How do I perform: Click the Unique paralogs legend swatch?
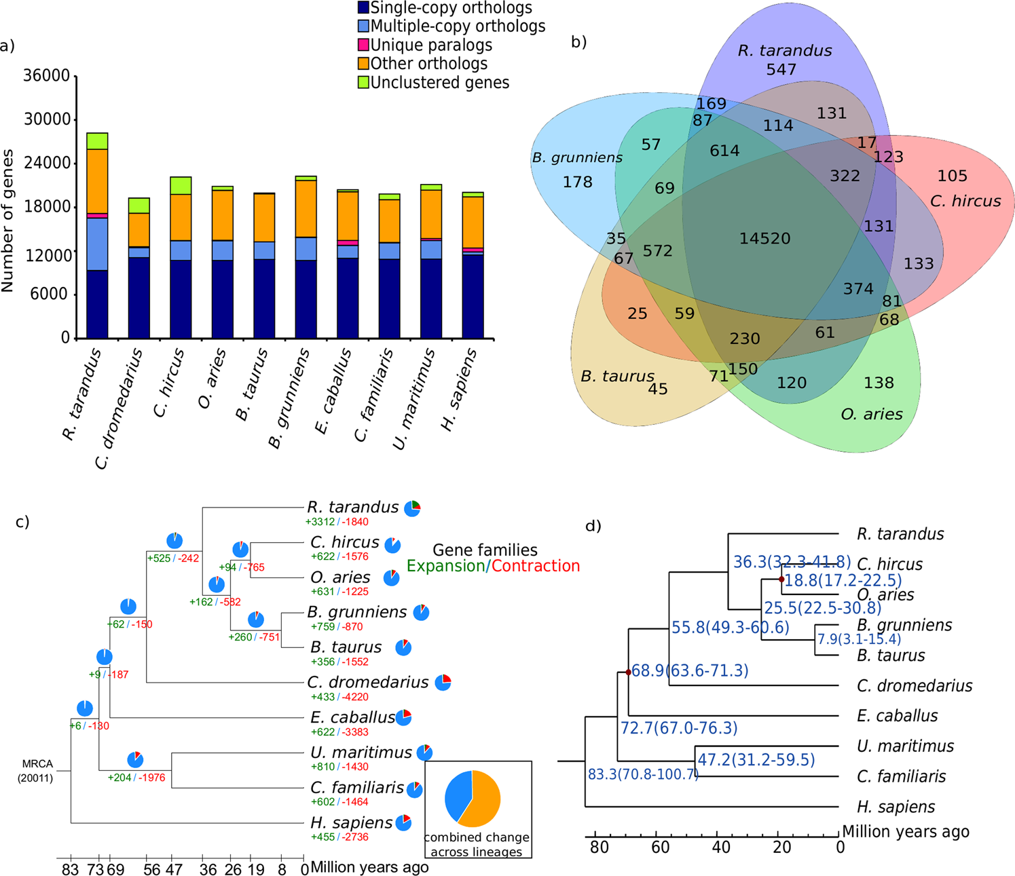coord(363,45)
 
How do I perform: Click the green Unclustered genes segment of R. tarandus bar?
coord(97,141)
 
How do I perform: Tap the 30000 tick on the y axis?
coord(47,119)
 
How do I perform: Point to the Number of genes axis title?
coord(8,221)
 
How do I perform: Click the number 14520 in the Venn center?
coord(764,239)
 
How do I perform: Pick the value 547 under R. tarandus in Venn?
coord(781,69)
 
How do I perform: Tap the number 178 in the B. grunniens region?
coord(577,182)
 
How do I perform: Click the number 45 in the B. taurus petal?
coord(657,389)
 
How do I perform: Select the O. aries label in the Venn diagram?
coord(871,414)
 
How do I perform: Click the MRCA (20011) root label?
coord(35,771)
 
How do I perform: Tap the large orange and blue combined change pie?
coord(473,799)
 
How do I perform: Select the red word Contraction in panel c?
coord(536,566)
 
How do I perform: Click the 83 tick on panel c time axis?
coord(70,869)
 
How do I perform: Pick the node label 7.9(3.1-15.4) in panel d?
coord(858,639)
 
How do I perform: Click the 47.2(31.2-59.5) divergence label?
coord(756,759)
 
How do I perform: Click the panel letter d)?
coord(593,526)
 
